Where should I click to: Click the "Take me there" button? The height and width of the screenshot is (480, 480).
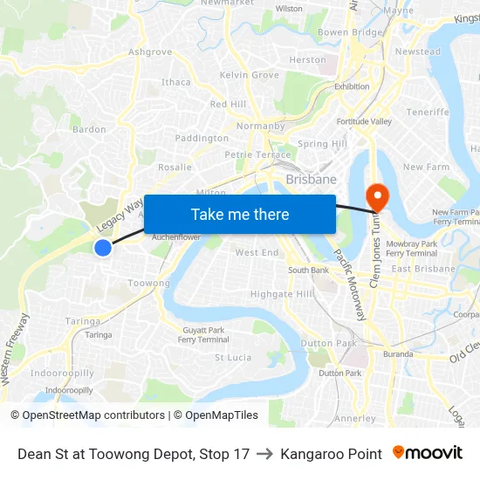pos(240,214)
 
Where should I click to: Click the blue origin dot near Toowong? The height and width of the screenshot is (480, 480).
pos(103,248)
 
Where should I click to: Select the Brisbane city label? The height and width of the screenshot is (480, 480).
pos(311,179)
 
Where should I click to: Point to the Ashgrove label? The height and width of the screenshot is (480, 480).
pos(150,52)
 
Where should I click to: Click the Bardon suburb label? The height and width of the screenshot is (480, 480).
pos(89,129)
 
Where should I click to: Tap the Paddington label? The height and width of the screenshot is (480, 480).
pos(202,138)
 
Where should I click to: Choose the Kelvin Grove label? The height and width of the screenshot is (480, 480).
pos(250,75)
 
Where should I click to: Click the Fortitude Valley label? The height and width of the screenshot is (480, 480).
pos(364,121)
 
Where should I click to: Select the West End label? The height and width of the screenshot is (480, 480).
pos(257,253)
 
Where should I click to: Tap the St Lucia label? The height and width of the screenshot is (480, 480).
pos(233,357)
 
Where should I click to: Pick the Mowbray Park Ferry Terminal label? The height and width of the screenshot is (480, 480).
pos(411,248)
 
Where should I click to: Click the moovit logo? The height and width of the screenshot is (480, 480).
pos(427,453)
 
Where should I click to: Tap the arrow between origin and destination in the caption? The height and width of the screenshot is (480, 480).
pos(264,454)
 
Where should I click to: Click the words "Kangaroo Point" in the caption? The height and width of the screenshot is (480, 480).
pos(331,454)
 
